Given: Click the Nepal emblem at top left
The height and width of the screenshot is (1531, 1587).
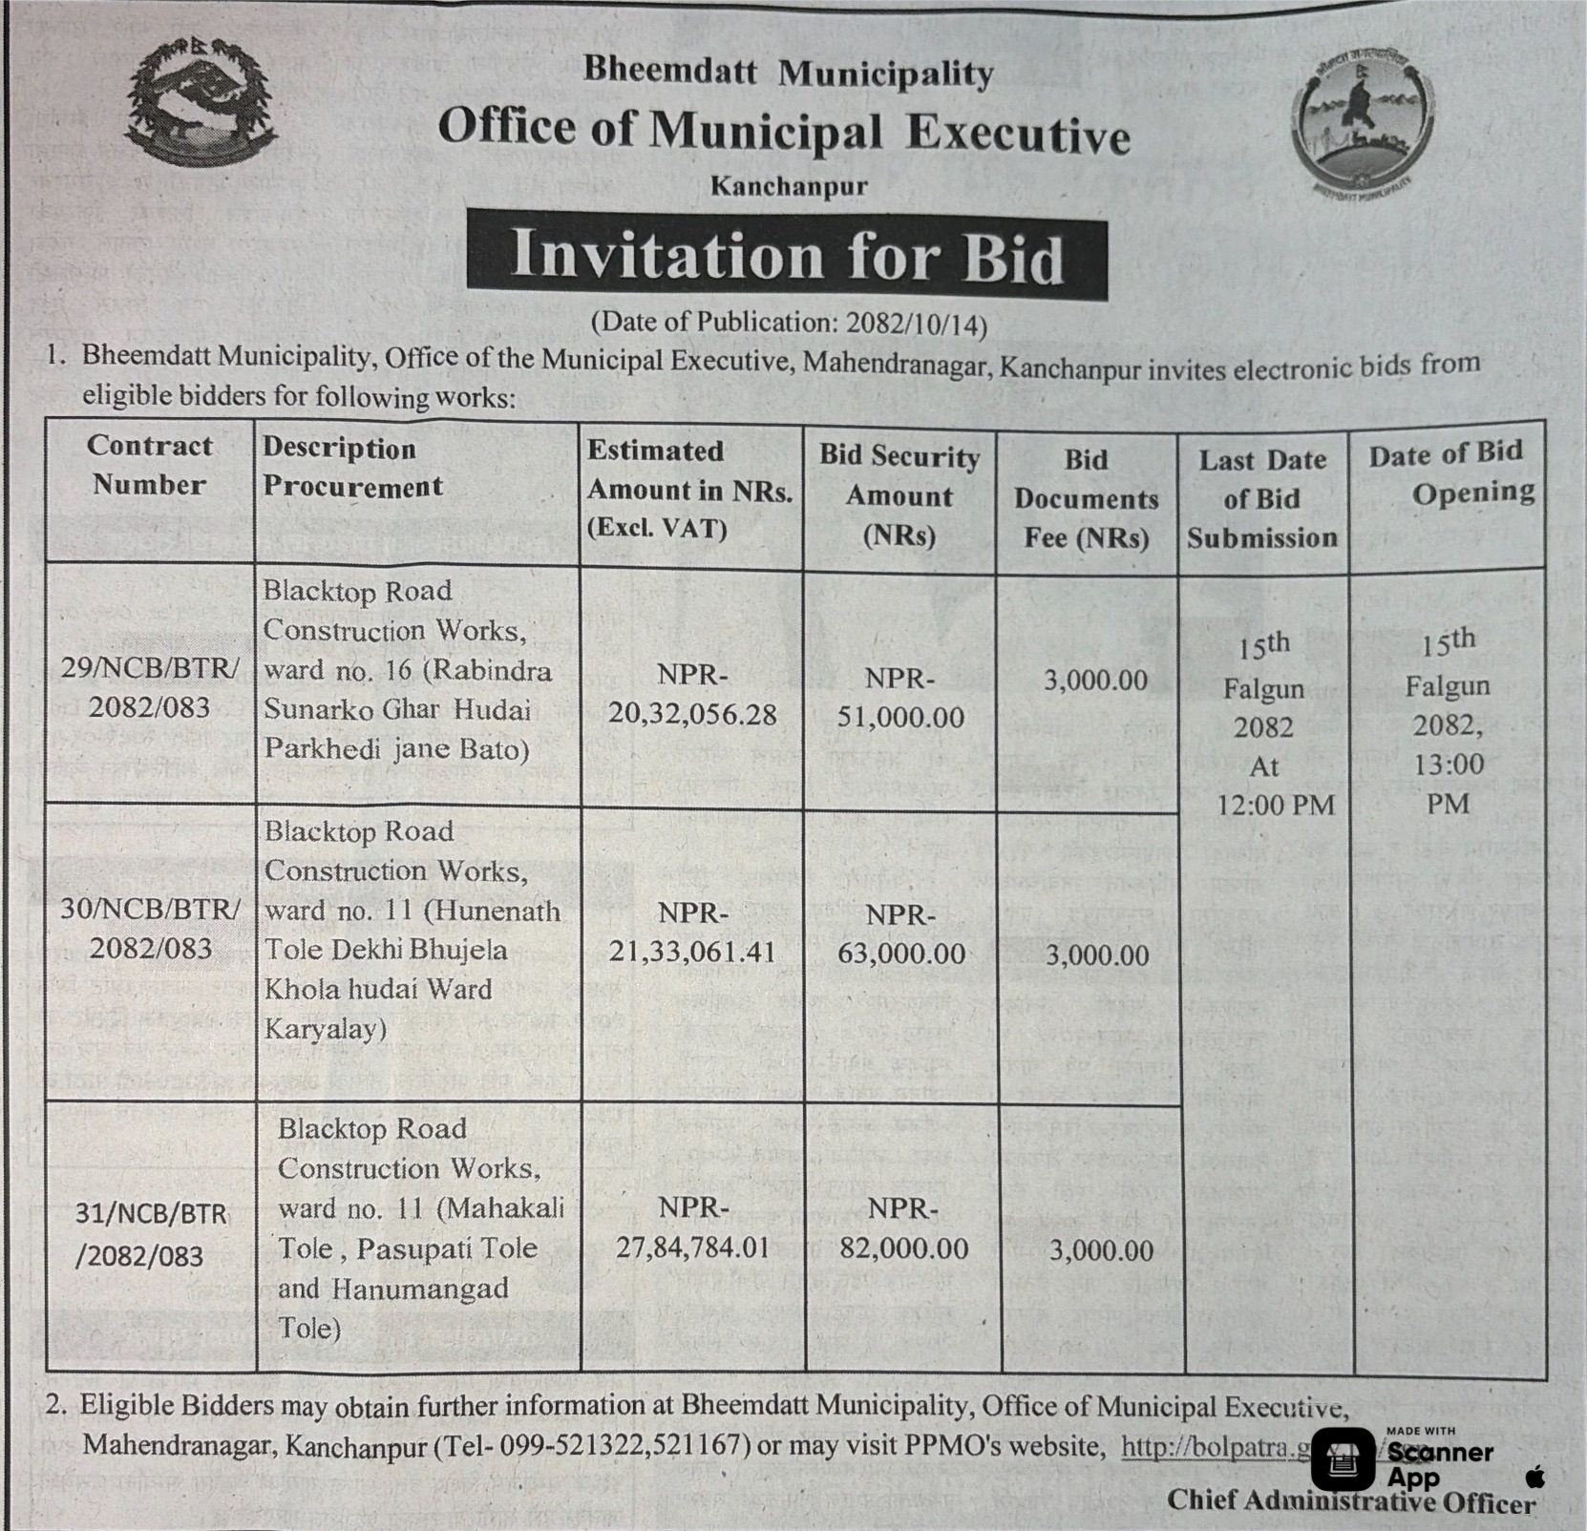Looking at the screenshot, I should click(x=201, y=101).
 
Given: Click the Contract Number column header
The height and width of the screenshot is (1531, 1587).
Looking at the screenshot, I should click(x=149, y=465).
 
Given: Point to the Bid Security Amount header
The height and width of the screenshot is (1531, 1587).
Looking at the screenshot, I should click(x=899, y=495).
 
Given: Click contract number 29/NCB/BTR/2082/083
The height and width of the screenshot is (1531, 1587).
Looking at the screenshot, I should click(x=150, y=687).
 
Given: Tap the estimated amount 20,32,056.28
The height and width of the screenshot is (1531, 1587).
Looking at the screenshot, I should click(x=692, y=715).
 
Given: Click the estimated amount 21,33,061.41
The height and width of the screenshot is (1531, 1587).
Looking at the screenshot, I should click(x=692, y=952).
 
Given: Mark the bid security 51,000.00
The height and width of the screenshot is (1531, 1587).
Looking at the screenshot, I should click(x=900, y=717).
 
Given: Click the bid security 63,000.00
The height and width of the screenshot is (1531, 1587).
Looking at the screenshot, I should click(x=901, y=954).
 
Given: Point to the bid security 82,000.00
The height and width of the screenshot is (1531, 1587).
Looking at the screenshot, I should click(x=903, y=1248).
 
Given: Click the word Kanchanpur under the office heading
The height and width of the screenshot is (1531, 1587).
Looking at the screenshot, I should click(x=789, y=185).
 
